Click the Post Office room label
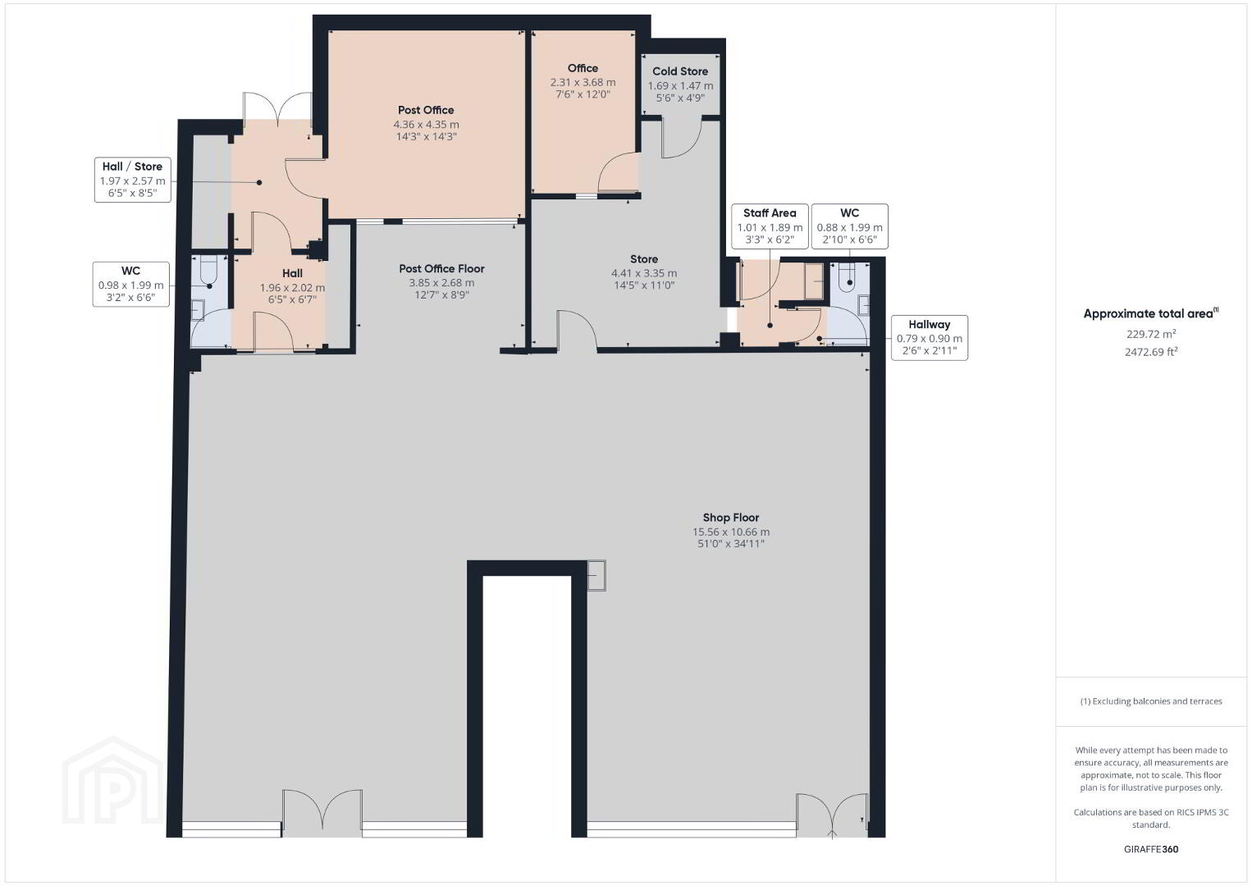coord(426,110)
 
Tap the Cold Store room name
coord(680,71)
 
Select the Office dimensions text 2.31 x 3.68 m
coord(583,82)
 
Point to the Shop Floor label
coord(731,518)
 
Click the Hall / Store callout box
coord(132,180)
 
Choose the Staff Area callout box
coord(770,226)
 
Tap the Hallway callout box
coord(930,338)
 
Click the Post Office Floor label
coord(441,269)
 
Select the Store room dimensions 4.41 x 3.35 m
coord(644,273)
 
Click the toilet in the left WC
coord(208,270)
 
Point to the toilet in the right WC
coord(848,274)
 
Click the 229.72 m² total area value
coord(1151,334)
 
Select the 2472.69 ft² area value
coord(1151,352)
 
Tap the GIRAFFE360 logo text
coord(1151,849)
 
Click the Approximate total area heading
coord(1151,313)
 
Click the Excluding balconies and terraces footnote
coord(1151,701)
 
